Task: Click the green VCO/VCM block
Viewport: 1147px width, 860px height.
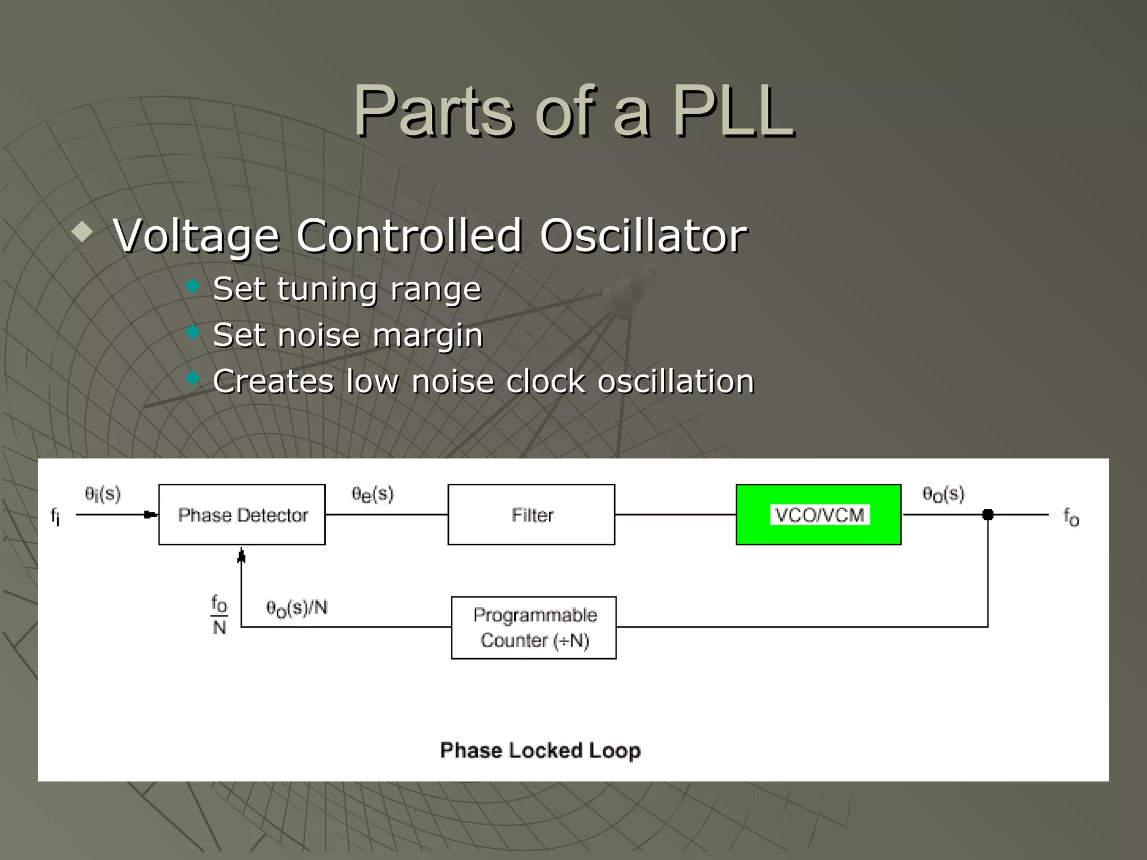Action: (x=818, y=515)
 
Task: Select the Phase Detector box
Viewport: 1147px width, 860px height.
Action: (x=242, y=515)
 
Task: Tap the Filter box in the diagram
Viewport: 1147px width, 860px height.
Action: (x=531, y=515)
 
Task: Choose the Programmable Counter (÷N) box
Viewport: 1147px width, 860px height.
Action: (x=534, y=628)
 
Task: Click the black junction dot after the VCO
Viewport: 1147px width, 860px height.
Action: (x=988, y=515)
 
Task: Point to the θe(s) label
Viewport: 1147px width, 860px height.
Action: (x=372, y=494)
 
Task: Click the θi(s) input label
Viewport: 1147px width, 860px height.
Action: (x=102, y=494)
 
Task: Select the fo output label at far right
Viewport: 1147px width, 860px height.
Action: (x=1071, y=517)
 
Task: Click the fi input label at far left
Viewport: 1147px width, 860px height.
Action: (x=55, y=516)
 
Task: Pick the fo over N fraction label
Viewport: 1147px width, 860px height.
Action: (x=220, y=615)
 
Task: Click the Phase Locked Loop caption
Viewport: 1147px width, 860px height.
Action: (x=540, y=750)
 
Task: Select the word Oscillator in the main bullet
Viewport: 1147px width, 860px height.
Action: (x=644, y=236)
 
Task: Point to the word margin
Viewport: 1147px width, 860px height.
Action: (x=427, y=335)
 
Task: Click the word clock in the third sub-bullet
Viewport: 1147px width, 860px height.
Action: (x=545, y=382)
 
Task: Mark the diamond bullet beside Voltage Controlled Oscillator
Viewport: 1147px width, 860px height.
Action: (x=82, y=231)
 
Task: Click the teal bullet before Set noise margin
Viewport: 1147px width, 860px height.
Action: (x=193, y=333)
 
